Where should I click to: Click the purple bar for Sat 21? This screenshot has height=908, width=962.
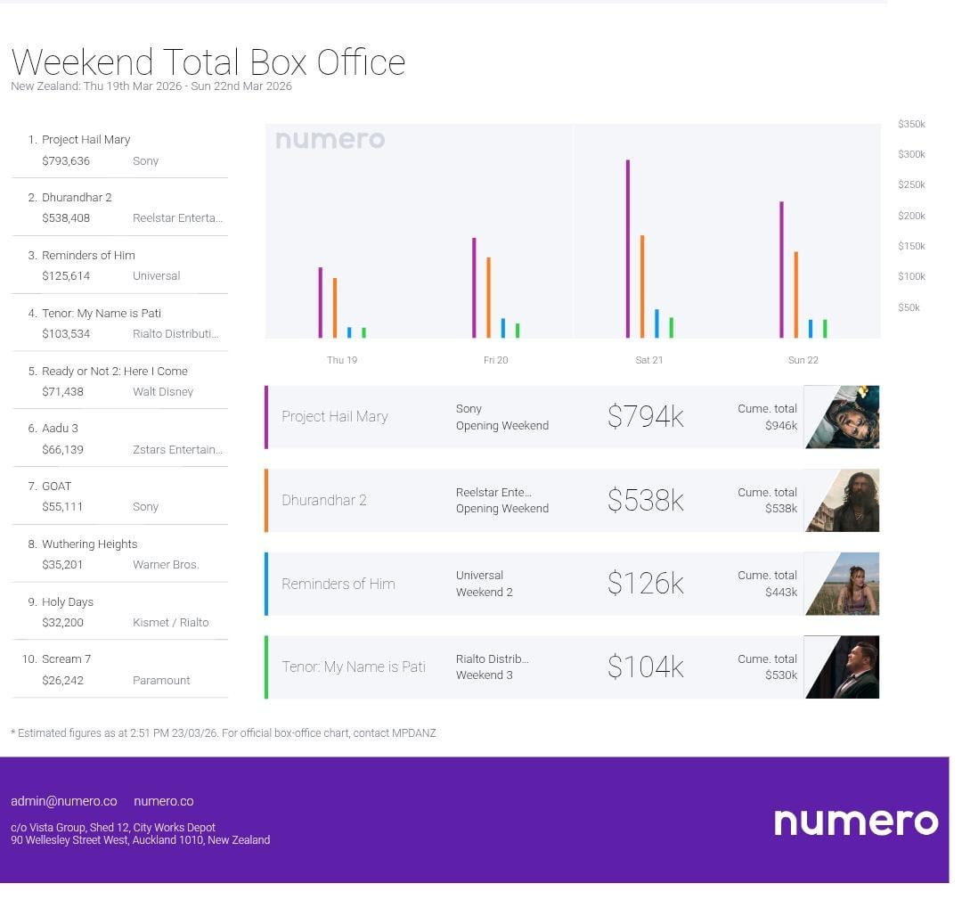coord(628,249)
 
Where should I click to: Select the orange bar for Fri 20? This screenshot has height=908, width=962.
coord(488,298)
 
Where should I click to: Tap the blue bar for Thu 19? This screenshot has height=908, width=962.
coord(349,332)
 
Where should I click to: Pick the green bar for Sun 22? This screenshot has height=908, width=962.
coord(825,329)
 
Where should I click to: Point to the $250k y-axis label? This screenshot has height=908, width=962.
coord(911,184)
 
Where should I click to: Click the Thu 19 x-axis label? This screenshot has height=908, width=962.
coord(342,360)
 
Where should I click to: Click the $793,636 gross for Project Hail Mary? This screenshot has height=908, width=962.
coord(66,161)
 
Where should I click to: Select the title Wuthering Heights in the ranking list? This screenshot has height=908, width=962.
coord(90,544)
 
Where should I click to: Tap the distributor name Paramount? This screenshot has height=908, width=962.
coord(161,680)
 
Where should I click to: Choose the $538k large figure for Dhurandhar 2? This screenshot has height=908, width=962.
coord(646,501)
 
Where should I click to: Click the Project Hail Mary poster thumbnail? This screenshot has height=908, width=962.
coord(842,417)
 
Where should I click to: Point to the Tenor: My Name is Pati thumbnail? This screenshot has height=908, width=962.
coord(842,667)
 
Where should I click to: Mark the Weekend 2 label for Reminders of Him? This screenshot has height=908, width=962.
coord(484,592)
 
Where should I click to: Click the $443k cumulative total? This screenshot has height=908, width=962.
coord(781,592)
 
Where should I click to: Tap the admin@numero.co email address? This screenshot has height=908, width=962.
coord(64,801)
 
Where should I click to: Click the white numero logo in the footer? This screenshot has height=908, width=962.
coord(856,822)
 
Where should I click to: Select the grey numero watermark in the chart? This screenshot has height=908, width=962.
coord(330,140)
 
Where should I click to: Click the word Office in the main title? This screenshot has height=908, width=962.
coord(361,62)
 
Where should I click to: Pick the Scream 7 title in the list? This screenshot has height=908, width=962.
coord(66,659)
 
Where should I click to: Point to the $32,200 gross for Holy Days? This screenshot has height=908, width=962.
coord(62,623)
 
